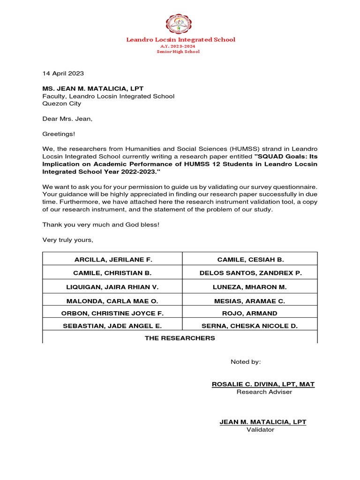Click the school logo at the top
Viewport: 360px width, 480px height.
(180, 23)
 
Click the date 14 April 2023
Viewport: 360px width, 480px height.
(63, 73)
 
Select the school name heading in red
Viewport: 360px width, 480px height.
(180, 39)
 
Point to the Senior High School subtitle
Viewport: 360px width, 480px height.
(178, 52)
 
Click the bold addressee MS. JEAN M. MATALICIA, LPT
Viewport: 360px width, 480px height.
(93, 89)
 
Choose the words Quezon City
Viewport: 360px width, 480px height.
(62, 104)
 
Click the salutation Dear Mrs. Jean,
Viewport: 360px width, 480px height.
(67, 119)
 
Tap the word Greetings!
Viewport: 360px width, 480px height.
(59, 134)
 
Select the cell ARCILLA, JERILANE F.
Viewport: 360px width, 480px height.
(113, 259)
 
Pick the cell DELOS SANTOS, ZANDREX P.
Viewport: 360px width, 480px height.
(251, 272)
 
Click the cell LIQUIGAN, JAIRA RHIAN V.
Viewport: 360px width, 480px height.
(113, 286)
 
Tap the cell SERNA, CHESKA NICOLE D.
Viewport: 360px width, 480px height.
(249, 325)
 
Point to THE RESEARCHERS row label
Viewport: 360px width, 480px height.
(180, 337)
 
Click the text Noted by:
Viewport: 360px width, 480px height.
(246, 362)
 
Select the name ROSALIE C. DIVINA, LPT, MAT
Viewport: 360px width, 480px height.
(263, 384)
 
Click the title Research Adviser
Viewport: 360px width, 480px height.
(264, 392)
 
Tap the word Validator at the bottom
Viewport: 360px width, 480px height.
(261, 429)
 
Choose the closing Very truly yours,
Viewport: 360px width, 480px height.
(68, 240)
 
